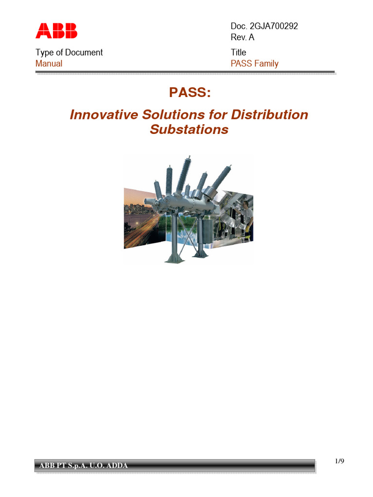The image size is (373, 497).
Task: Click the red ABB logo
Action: (56, 31)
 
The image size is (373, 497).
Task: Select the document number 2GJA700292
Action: (272, 26)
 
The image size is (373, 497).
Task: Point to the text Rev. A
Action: (242, 38)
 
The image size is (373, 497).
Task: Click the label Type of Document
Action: (69, 52)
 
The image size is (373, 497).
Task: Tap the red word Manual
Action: (49, 64)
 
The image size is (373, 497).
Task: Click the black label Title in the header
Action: (238, 52)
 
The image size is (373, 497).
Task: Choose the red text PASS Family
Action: (254, 64)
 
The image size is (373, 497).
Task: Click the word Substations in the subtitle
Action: (189, 130)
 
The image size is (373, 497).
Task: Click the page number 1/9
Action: (340, 461)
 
